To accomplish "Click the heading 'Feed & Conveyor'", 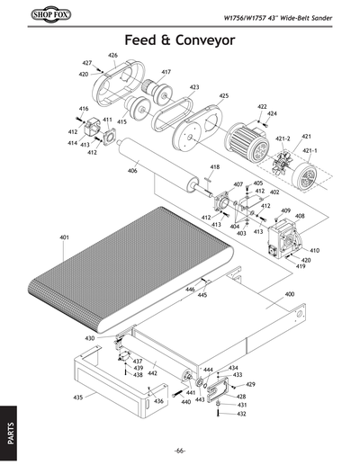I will (x=180, y=40).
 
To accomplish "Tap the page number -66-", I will (x=180, y=450).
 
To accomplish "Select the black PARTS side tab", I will (x=8, y=422).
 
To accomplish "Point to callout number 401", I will (x=64, y=237).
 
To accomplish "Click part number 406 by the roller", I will (x=132, y=171).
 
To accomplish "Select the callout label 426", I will (x=112, y=56).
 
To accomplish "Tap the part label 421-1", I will (x=310, y=150).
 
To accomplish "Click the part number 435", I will (x=78, y=397).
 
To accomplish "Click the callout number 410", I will (x=315, y=250).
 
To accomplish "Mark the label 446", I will (x=190, y=289).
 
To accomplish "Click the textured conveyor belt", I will (x=144, y=261).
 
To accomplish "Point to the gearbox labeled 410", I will (x=284, y=243).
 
